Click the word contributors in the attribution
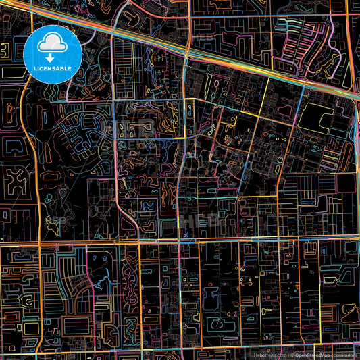pyautogui.click(x=346, y=354)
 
